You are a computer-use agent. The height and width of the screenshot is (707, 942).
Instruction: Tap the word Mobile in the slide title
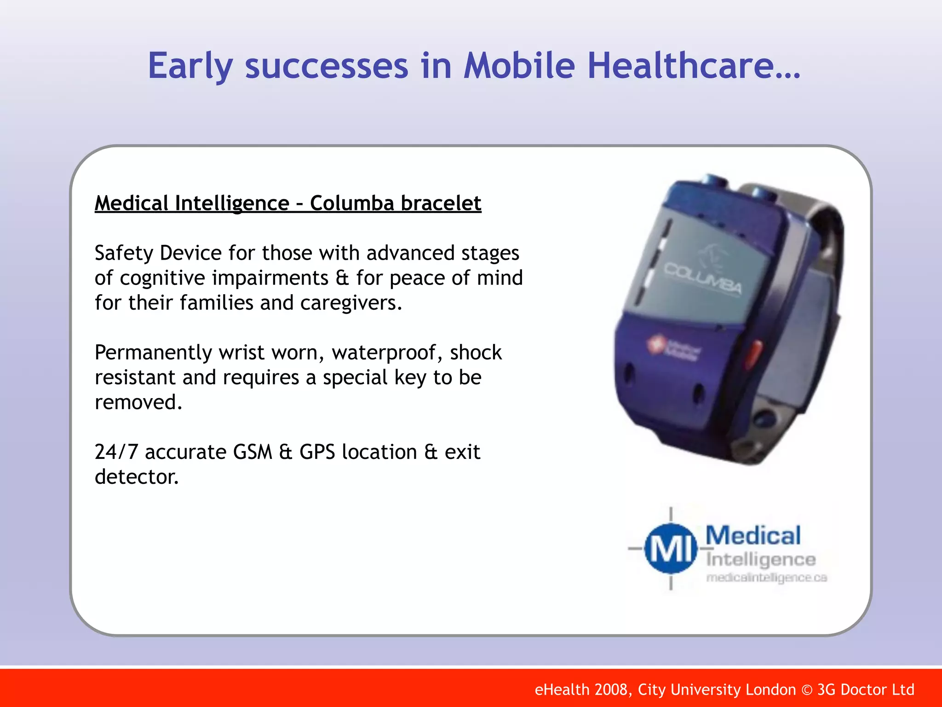pyautogui.click(x=519, y=66)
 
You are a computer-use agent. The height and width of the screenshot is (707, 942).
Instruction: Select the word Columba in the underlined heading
pyautogui.click(x=350, y=203)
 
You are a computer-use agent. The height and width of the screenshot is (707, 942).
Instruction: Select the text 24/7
pyautogui.click(x=116, y=452)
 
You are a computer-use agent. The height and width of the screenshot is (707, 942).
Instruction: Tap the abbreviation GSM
pyautogui.click(x=253, y=452)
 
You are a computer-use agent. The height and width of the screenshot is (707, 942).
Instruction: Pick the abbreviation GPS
pyautogui.click(x=317, y=452)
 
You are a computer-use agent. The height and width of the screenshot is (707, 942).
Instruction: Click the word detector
pyautogui.click(x=136, y=477)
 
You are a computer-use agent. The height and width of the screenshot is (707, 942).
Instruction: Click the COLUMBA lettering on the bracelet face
pyautogui.click(x=703, y=278)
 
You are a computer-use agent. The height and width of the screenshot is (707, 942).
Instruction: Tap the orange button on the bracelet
pyautogui.click(x=754, y=352)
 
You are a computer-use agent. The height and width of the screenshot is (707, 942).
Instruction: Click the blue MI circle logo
pyautogui.click(x=670, y=549)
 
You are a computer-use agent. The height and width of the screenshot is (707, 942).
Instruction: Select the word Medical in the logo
pyautogui.click(x=753, y=536)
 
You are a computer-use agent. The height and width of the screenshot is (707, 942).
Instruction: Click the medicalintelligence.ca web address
pyautogui.click(x=766, y=578)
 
